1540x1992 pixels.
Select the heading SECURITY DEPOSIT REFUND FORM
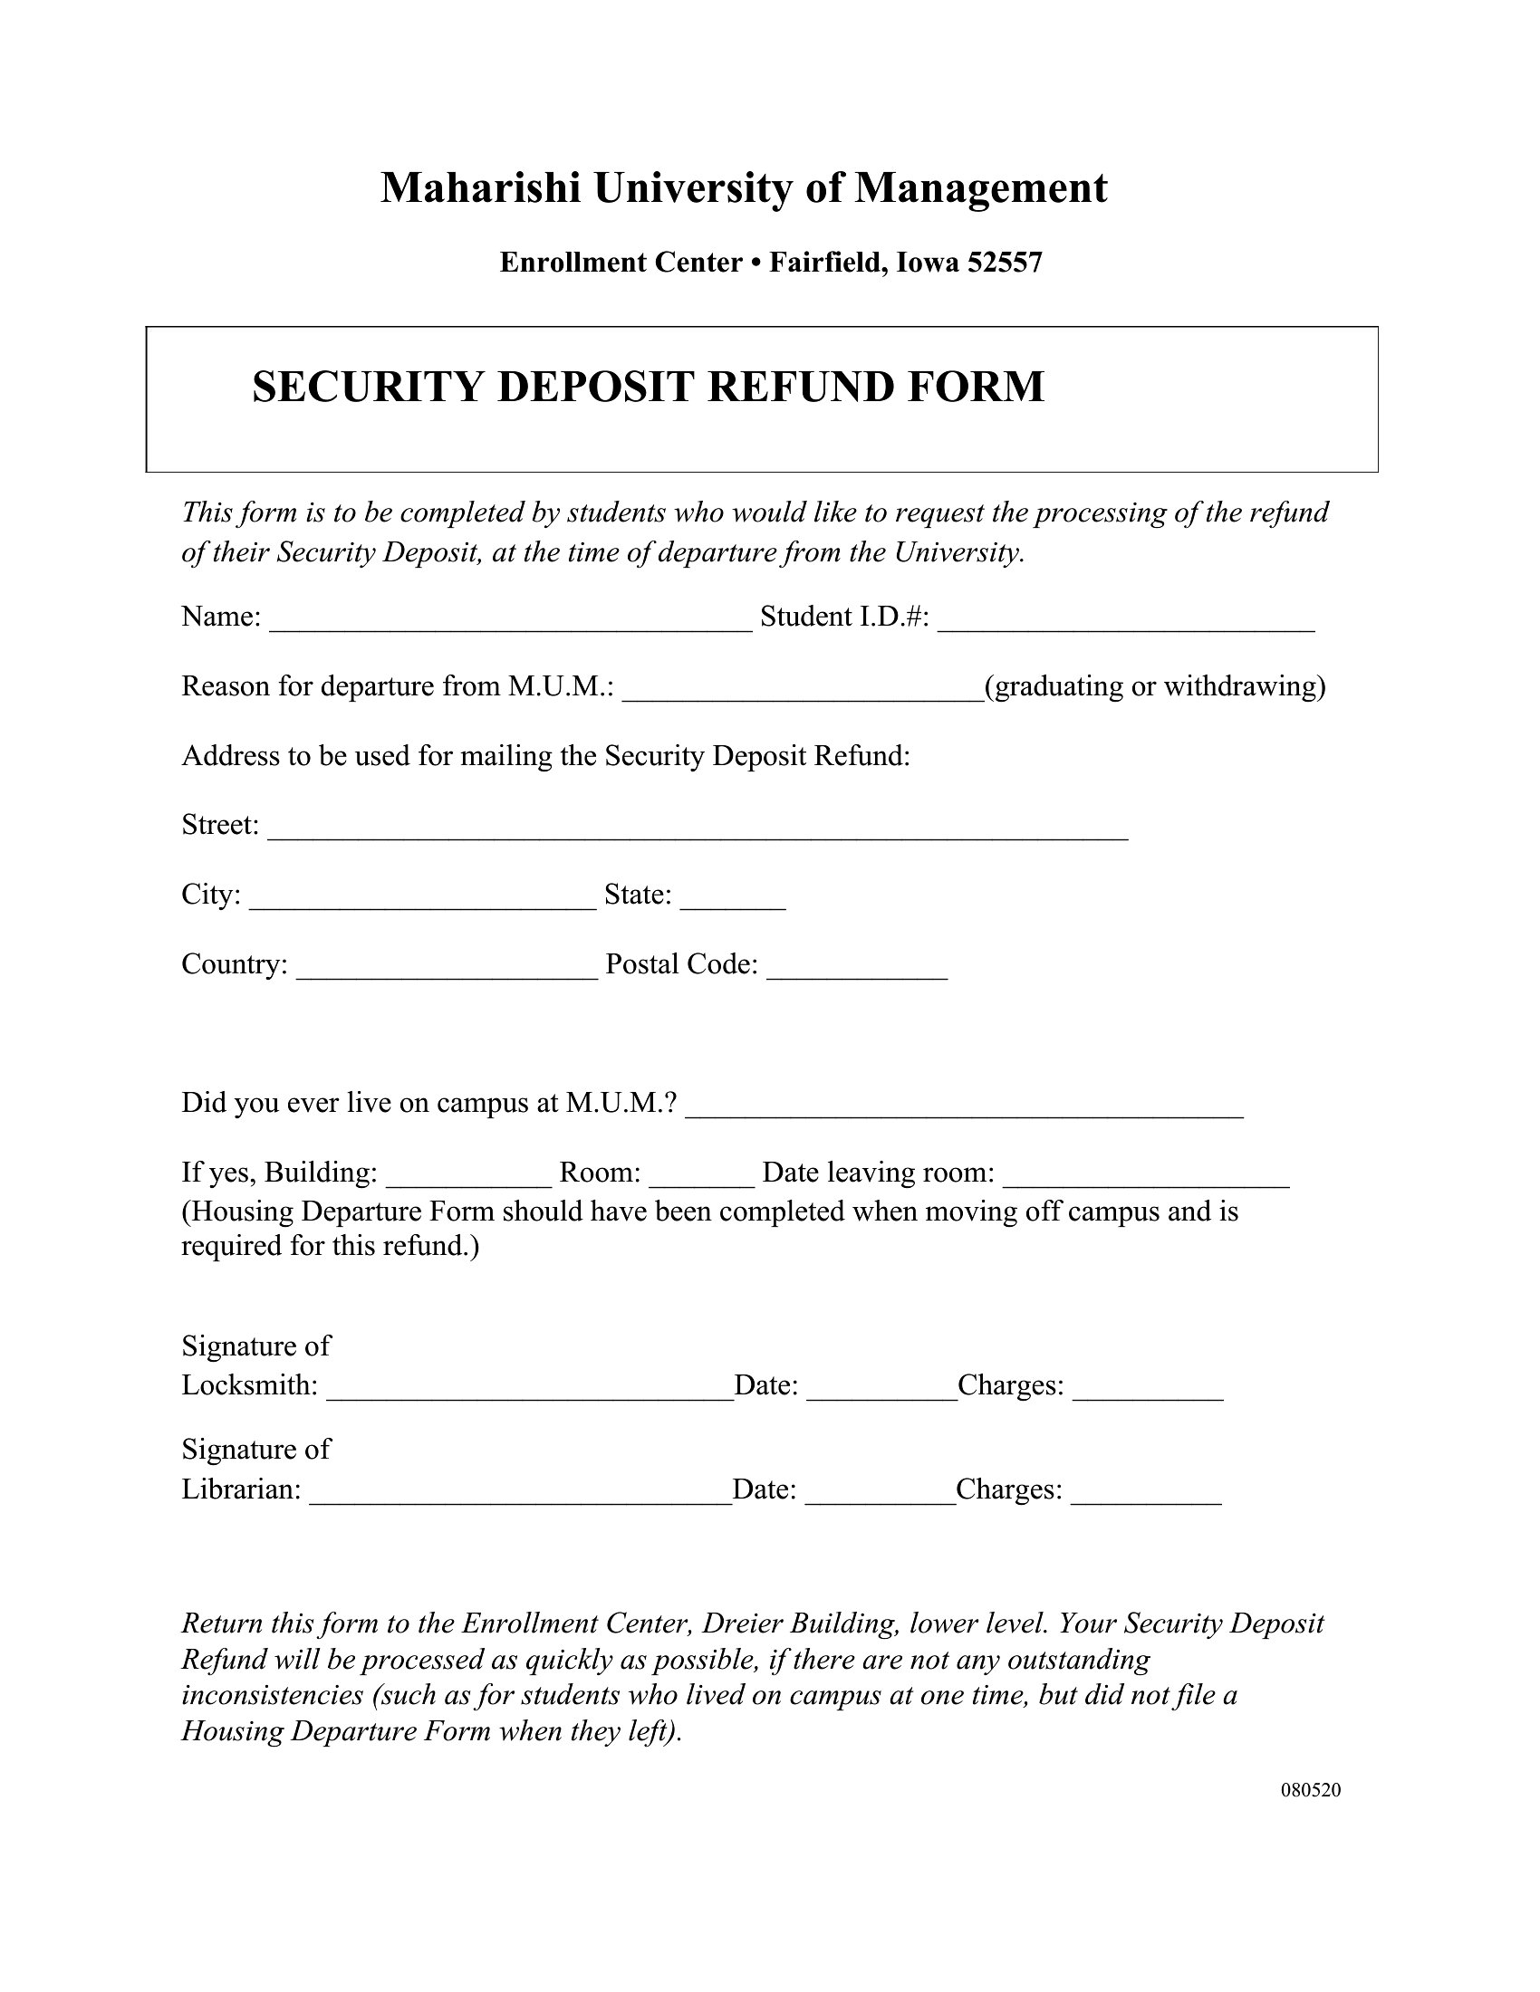[x=648, y=387]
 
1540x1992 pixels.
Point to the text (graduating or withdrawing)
[x=1155, y=686]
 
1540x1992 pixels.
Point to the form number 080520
[x=1311, y=1790]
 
